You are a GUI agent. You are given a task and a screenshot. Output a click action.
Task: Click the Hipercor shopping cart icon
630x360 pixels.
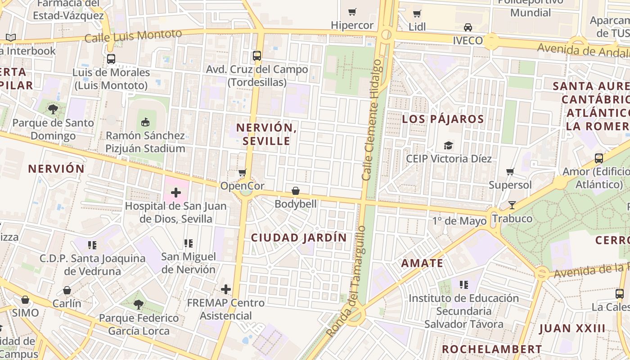pyautogui.click(x=352, y=12)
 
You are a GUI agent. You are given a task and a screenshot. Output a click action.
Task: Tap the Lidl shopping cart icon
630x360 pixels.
pyautogui.click(x=417, y=13)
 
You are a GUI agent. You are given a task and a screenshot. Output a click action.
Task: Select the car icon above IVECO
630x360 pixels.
pyautogui.click(x=468, y=27)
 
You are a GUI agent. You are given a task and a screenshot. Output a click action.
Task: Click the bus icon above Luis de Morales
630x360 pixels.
pyautogui.click(x=111, y=58)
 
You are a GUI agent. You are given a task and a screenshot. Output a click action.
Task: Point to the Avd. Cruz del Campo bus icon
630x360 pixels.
pyautogui.click(x=257, y=56)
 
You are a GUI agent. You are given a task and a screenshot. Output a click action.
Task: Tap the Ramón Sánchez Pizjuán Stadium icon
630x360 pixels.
pyautogui.click(x=145, y=122)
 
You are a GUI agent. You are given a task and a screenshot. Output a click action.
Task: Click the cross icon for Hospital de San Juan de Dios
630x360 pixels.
pyautogui.click(x=176, y=193)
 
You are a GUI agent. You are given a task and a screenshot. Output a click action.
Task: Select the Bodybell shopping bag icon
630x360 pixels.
pyautogui.click(x=296, y=191)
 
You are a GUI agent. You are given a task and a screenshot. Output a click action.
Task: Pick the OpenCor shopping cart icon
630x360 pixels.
pyautogui.click(x=243, y=173)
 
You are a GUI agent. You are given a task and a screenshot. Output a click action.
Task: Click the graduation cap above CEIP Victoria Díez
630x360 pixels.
pyautogui.click(x=448, y=145)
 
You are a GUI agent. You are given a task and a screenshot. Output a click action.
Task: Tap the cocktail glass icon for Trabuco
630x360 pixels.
pyautogui.click(x=512, y=205)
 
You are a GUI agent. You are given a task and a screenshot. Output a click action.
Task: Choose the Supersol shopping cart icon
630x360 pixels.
pyautogui.click(x=510, y=171)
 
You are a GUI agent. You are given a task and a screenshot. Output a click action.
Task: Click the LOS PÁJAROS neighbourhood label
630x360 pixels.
pyautogui.click(x=443, y=119)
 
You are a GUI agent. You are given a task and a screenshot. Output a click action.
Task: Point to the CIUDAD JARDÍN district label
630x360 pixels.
pyautogui.click(x=299, y=238)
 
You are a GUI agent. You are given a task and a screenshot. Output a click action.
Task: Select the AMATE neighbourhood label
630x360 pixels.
pyautogui.click(x=422, y=263)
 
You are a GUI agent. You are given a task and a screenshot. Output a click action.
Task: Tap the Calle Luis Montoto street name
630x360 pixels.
pyautogui.click(x=133, y=36)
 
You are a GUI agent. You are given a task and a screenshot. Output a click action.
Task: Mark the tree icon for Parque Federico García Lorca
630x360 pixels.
pyautogui.click(x=139, y=305)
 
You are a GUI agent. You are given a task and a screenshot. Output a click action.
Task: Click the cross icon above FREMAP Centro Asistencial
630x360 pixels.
pyautogui.click(x=226, y=289)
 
